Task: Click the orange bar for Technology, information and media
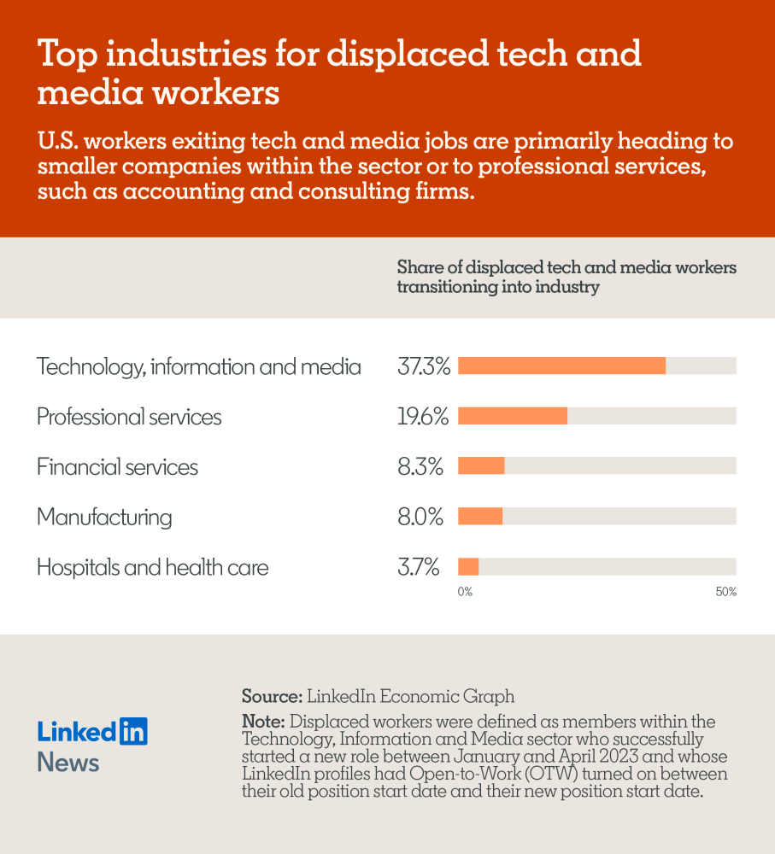point(561,366)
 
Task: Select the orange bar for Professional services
point(513,417)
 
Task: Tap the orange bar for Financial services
point(481,466)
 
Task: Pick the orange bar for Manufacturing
point(480,517)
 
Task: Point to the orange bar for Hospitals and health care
point(468,567)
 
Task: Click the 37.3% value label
point(424,367)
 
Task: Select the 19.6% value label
point(423,417)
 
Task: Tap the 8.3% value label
point(420,467)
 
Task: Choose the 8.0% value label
point(420,517)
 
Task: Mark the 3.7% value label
point(419,567)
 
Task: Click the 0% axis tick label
point(465,592)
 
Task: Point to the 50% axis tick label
point(725,592)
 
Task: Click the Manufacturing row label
point(104,518)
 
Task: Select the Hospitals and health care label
point(152,567)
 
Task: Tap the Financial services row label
point(117,467)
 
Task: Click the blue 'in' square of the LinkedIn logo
point(133,731)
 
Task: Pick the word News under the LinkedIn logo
point(68,763)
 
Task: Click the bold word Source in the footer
point(270,696)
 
